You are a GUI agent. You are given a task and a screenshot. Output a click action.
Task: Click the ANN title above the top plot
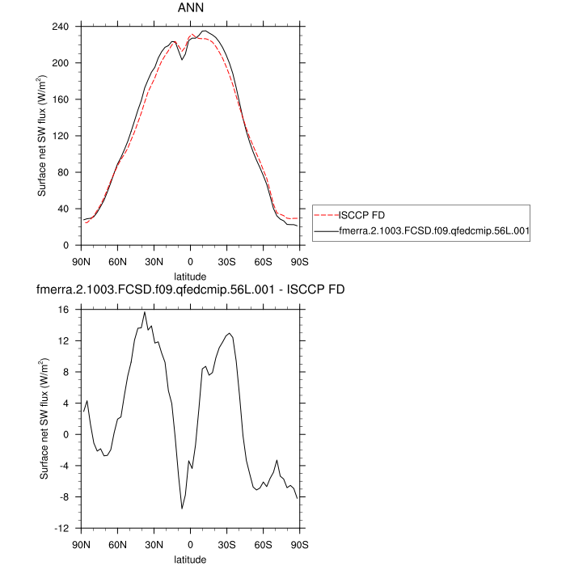[x=190, y=8]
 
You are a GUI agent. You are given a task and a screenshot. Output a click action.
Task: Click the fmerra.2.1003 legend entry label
[x=433, y=231]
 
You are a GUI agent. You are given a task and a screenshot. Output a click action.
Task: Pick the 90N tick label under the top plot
[x=81, y=260]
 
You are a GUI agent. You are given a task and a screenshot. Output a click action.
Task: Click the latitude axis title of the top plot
[x=190, y=276]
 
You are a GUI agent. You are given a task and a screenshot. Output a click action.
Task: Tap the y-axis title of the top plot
[x=42, y=136]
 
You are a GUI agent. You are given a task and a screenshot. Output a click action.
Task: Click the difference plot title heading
[x=190, y=289]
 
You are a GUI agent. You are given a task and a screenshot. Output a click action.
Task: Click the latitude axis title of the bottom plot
[x=190, y=559]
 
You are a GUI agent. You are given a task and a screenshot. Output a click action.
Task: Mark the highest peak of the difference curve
[x=144, y=312]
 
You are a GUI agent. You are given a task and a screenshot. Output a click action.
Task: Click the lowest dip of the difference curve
[x=182, y=509]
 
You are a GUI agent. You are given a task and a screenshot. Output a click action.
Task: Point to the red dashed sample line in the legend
[x=325, y=215]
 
